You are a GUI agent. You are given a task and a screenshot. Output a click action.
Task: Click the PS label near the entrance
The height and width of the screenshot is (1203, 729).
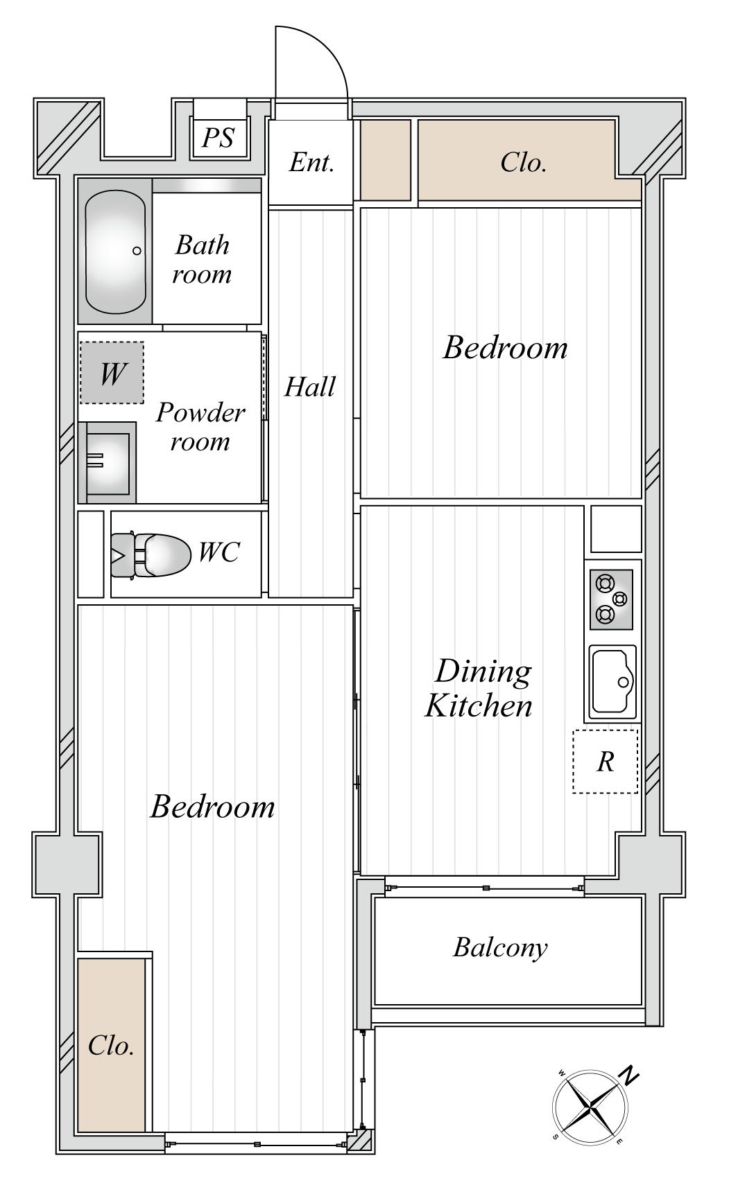[x=218, y=137]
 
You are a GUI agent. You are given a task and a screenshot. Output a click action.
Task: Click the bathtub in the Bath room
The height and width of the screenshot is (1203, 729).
[x=115, y=251]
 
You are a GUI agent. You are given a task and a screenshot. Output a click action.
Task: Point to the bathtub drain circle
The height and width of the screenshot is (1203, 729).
[x=137, y=251]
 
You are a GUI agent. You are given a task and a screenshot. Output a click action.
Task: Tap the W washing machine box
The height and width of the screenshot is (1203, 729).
[x=112, y=373]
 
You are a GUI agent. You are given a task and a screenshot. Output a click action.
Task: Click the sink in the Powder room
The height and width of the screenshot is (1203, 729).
[x=107, y=462]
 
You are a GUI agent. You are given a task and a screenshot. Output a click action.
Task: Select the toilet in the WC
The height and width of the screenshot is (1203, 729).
[x=151, y=554]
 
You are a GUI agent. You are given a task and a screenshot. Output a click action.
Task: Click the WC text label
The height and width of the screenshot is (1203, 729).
[x=218, y=552]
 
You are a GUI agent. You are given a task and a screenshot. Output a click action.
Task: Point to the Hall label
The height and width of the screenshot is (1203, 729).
[x=310, y=386]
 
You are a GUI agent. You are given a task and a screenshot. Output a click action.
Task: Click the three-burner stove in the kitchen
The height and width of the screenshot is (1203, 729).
[x=611, y=599]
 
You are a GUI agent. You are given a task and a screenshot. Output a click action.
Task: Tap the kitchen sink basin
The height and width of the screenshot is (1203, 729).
[x=613, y=682]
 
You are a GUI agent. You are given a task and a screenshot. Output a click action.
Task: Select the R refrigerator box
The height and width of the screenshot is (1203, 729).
[x=605, y=761]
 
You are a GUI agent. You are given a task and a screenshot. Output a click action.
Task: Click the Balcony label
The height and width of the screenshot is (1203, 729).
[x=500, y=947]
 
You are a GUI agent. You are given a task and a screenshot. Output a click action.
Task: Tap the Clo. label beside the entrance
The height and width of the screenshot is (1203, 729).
[x=524, y=163]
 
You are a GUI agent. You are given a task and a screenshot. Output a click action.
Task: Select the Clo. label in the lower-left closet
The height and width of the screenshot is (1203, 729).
[x=111, y=1045]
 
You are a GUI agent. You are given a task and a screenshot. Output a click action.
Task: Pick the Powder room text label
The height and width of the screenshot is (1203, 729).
[x=200, y=427]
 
